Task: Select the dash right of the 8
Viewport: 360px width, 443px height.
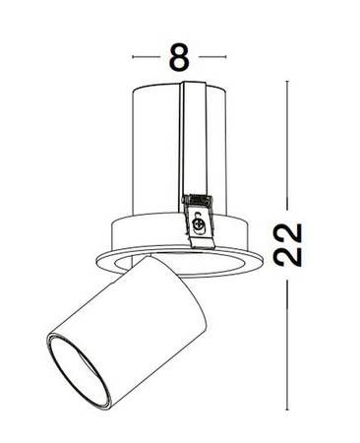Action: click(x=211, y=57)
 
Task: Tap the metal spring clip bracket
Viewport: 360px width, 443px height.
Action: click(x=198, y=212)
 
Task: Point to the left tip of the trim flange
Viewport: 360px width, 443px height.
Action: click(x=97, y=258)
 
